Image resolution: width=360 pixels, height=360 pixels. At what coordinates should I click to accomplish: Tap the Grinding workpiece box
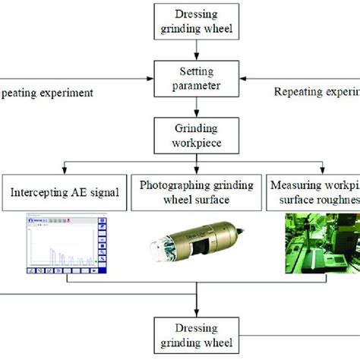point(196,135)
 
